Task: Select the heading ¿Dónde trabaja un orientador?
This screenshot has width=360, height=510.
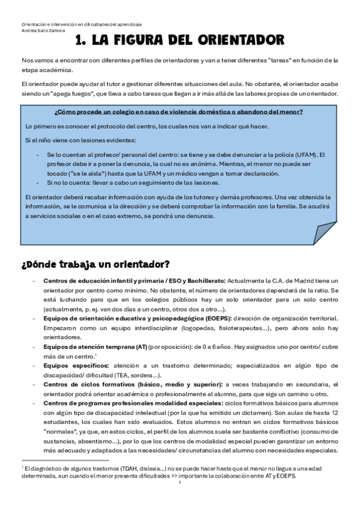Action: pos(96,264)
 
